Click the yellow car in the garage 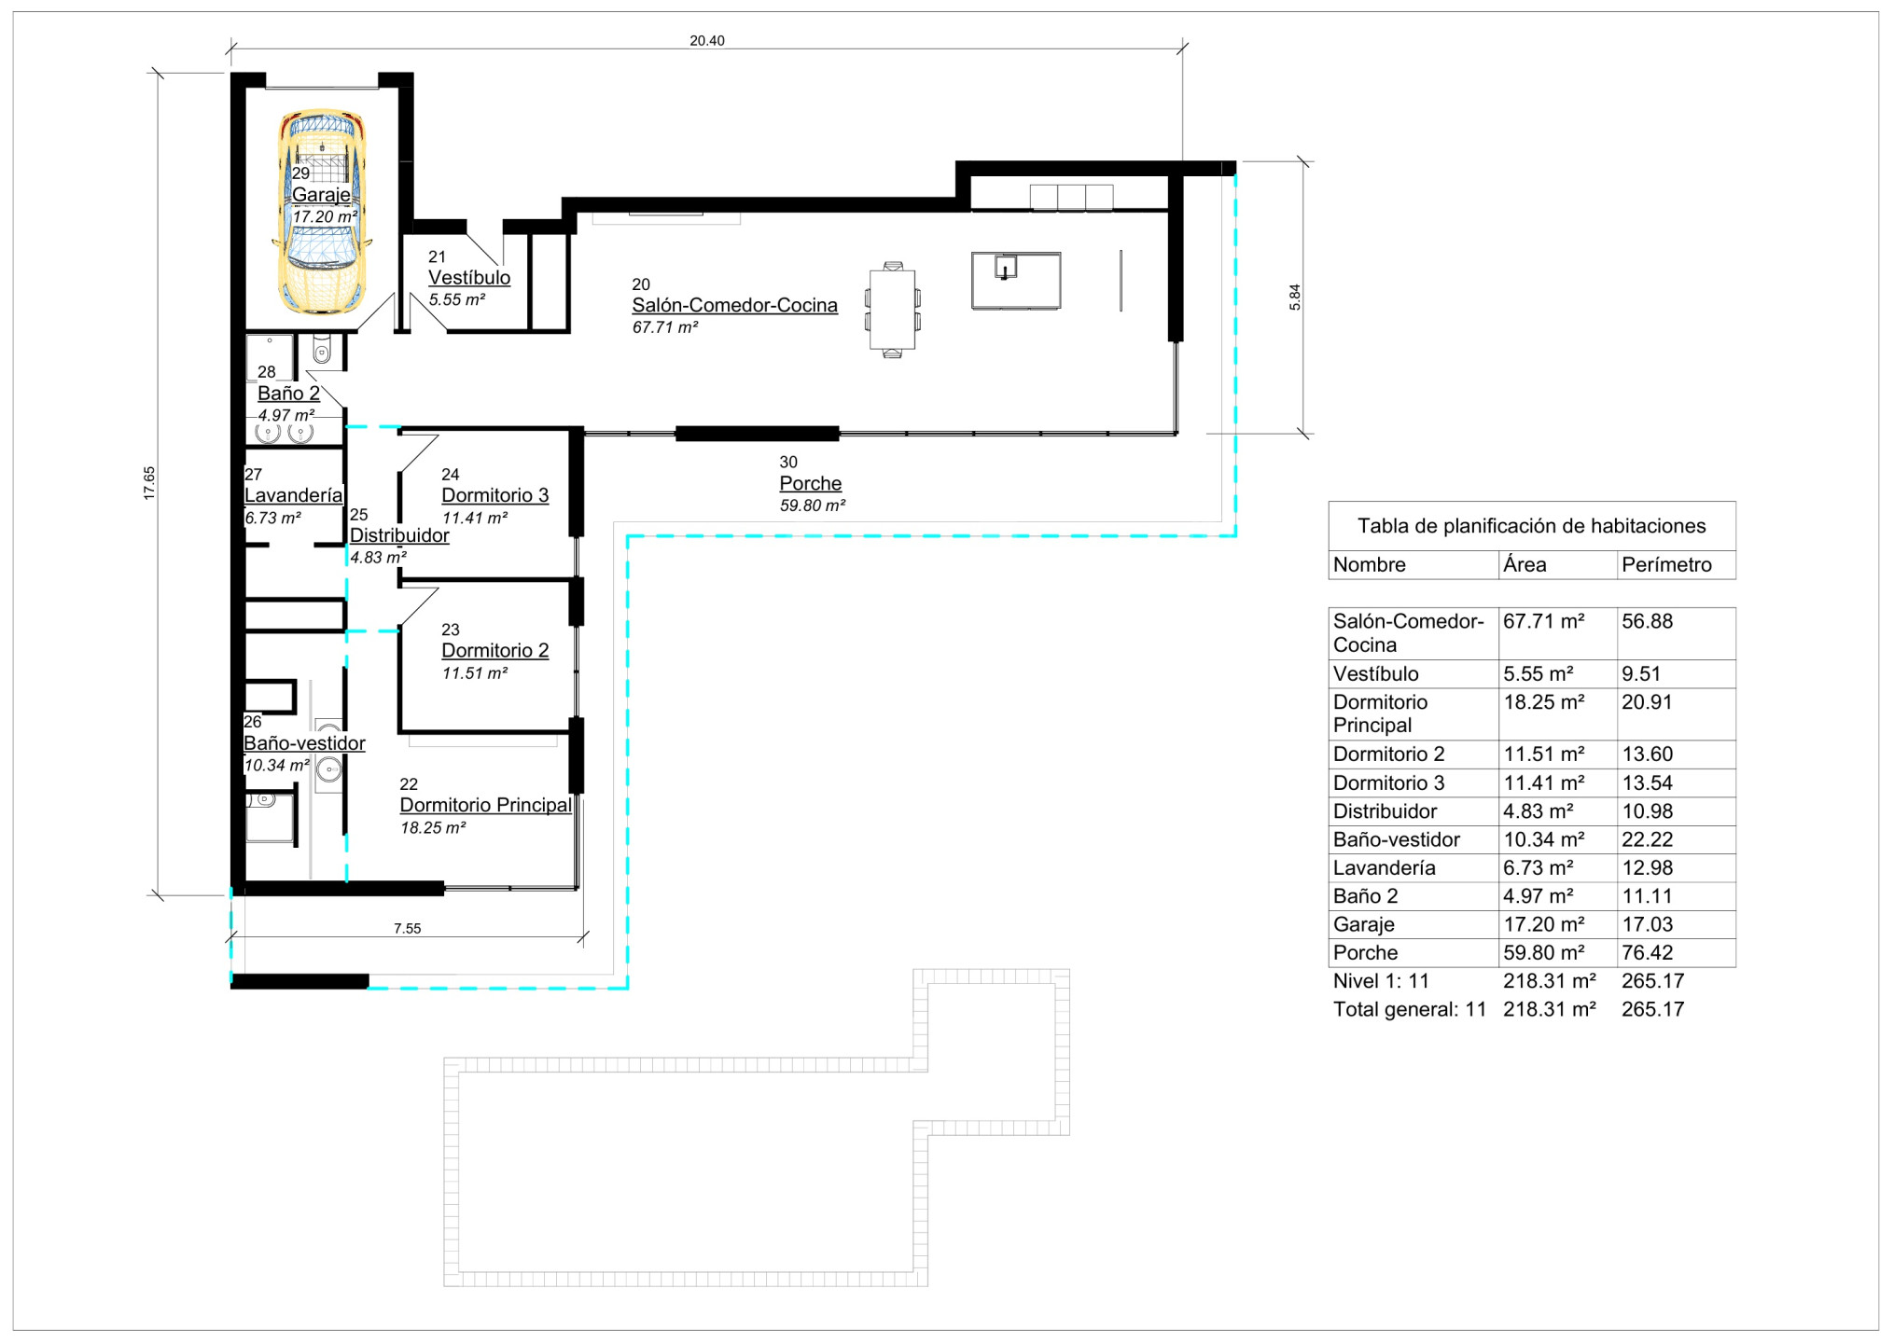point(322,212)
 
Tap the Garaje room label point(321,195)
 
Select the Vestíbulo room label point(469,278)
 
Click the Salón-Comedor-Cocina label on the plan point(734,305)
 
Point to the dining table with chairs point(893,310)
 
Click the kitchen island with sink point(1016,280)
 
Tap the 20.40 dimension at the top point(707,41)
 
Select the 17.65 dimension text point(149,483)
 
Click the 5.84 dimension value point(1295,297)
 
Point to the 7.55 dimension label point(407,929)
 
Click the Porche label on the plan point(811,483)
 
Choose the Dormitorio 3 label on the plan point(495,495)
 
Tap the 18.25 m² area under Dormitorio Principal point(433,828)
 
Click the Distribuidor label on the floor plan point(399,535)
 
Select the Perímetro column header point(1666,565)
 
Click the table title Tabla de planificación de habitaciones point(1531,526)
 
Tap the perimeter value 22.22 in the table point(1648,839)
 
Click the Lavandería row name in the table point(1385,868)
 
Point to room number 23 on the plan point(451,630)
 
